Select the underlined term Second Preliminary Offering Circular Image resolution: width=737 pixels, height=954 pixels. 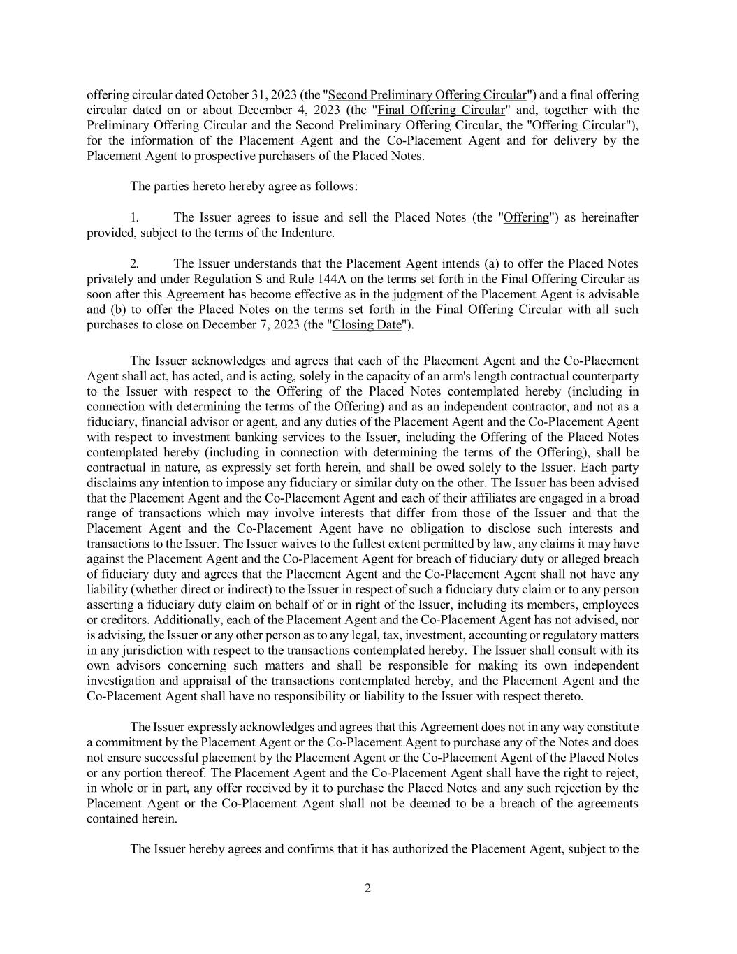pos(428,95)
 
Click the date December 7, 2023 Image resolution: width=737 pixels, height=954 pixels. pos(248,325)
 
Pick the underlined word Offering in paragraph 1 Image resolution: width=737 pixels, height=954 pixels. pos(526,217)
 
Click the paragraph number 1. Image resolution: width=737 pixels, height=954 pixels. pos(134,217)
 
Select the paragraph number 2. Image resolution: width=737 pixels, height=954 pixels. pos(134,263)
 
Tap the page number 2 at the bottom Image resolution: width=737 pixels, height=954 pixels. pos(367,889)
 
